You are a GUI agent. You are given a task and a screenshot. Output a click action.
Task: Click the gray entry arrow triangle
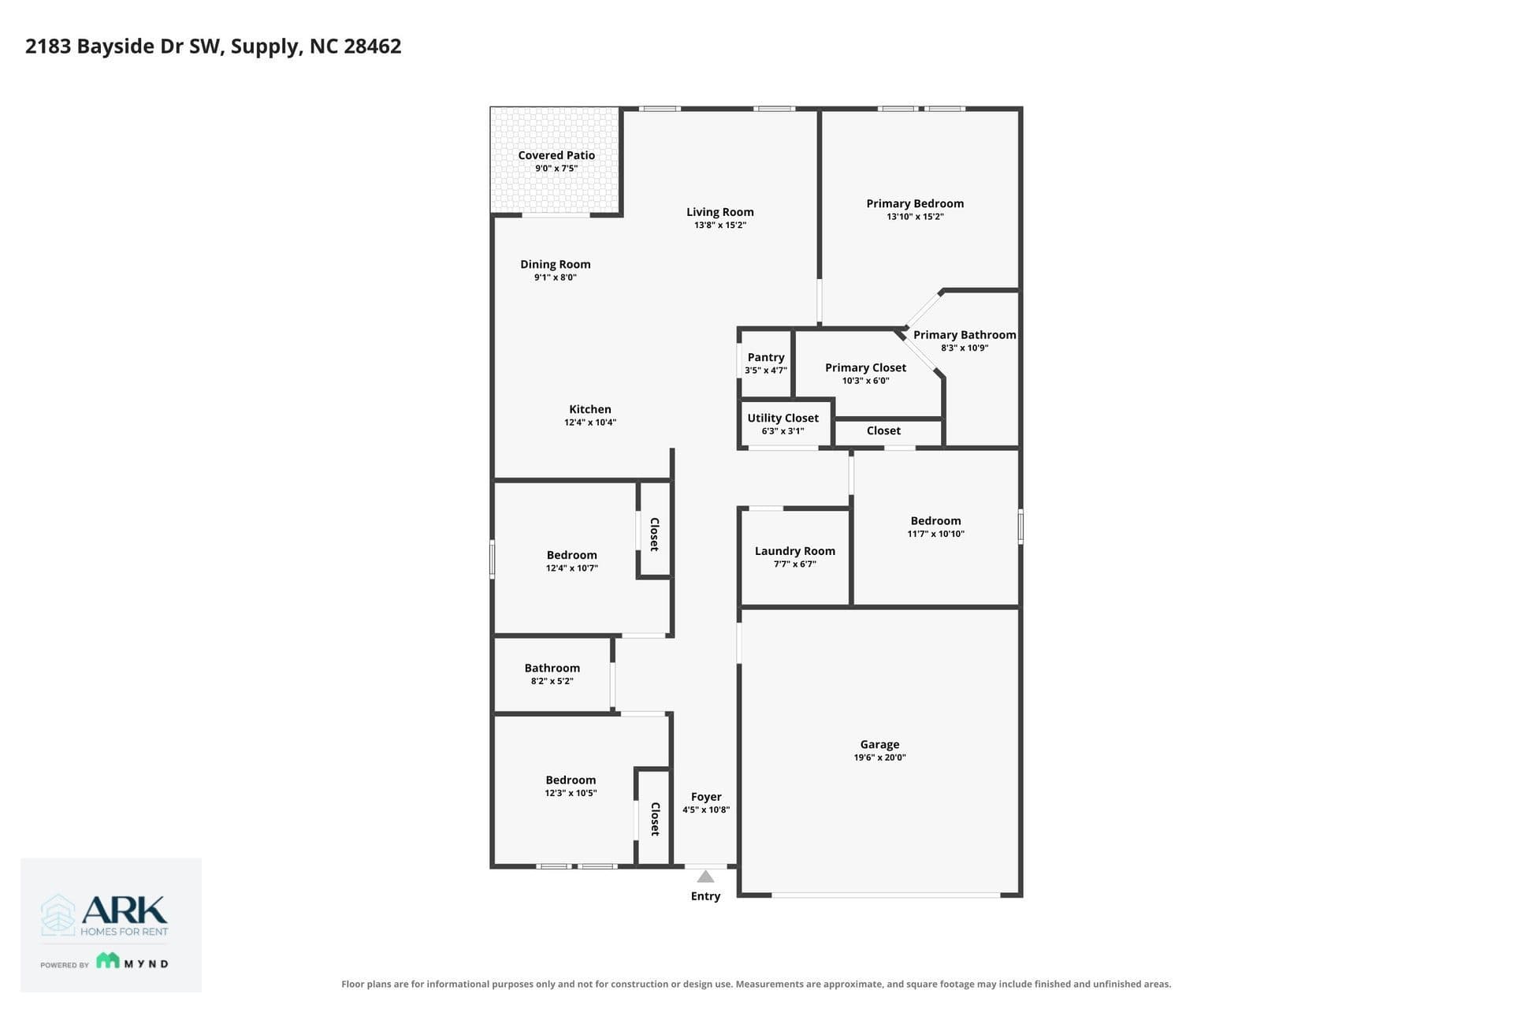705,877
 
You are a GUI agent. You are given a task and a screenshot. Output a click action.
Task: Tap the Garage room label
879,744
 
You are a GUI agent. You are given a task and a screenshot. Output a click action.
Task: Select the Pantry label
766,357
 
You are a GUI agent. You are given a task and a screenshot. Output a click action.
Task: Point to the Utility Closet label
783,418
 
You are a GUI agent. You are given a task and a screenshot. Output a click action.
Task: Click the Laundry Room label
794,551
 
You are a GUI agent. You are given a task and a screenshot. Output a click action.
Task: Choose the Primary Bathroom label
965,335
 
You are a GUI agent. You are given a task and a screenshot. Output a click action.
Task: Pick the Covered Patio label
556,155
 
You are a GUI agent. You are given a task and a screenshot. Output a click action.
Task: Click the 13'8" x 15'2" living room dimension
720,225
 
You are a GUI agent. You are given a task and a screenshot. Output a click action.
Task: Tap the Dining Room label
555,264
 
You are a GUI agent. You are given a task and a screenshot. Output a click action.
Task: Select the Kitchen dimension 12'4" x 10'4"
590,423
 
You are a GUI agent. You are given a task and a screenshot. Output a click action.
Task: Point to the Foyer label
706,797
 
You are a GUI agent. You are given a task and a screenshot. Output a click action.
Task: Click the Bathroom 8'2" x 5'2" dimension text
552,681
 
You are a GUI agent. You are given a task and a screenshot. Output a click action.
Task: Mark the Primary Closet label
865,367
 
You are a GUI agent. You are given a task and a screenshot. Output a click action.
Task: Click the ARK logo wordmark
125,910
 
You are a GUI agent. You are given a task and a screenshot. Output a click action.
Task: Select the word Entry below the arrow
705,896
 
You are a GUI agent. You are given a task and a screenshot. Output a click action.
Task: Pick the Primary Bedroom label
915,203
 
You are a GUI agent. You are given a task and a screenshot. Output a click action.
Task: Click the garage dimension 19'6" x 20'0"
879,758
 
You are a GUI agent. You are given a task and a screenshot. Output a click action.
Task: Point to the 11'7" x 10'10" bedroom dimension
935,534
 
